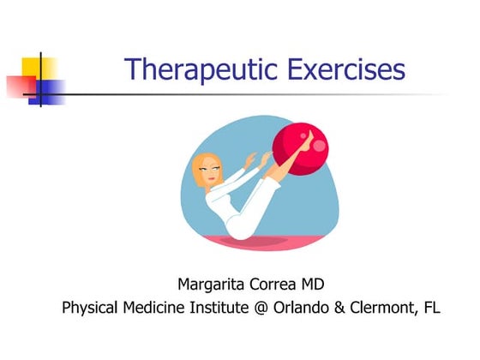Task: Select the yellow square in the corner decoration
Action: (40, 70)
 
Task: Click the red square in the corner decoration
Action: (21, 85)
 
